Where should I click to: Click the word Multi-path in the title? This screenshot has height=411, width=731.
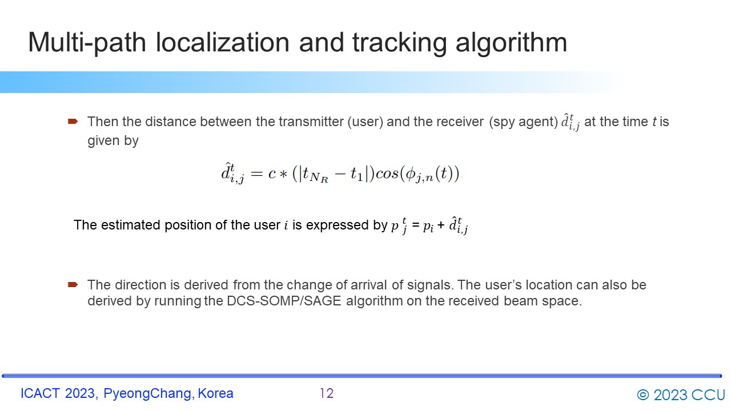coord(87,43)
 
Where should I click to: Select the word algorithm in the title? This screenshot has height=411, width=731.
coord(511,43)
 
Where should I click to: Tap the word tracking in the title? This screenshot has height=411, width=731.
coord(399,43)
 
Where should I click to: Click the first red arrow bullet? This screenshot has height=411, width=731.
coord(73,122)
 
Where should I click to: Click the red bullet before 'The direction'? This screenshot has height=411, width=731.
coord(73,285)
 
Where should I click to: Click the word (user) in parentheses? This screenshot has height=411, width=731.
coord(365,122)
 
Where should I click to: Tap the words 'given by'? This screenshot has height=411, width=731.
coord(113,141)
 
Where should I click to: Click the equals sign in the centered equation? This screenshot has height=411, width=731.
coord(257,174)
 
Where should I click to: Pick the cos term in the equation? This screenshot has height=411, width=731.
coord(387,174)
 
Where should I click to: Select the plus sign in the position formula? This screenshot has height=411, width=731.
coord(441,225)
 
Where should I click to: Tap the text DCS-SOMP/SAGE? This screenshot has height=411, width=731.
coord(284,301)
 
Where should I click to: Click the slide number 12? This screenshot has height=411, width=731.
coord(327,393)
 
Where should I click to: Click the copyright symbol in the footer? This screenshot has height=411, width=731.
coord(643,395)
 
